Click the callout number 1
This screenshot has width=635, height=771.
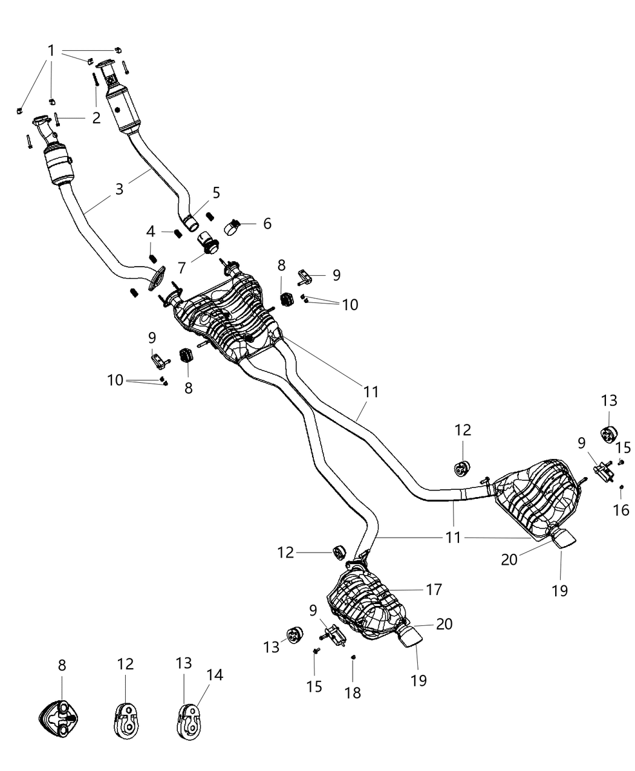(51, 51)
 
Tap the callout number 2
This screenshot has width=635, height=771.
(96, 118)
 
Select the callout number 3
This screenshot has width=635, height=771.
(120, 189)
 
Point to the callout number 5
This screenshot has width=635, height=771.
(216, 193)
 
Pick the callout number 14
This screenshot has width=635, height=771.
(215, 675)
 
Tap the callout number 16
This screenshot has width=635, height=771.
(621, 510)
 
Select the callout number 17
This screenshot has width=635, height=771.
(434, 589)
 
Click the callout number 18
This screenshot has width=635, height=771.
(353, 692)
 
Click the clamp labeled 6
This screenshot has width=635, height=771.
(233, 228)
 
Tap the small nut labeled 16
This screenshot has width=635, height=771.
(621, 488)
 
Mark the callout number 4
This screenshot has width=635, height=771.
(150, 231)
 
